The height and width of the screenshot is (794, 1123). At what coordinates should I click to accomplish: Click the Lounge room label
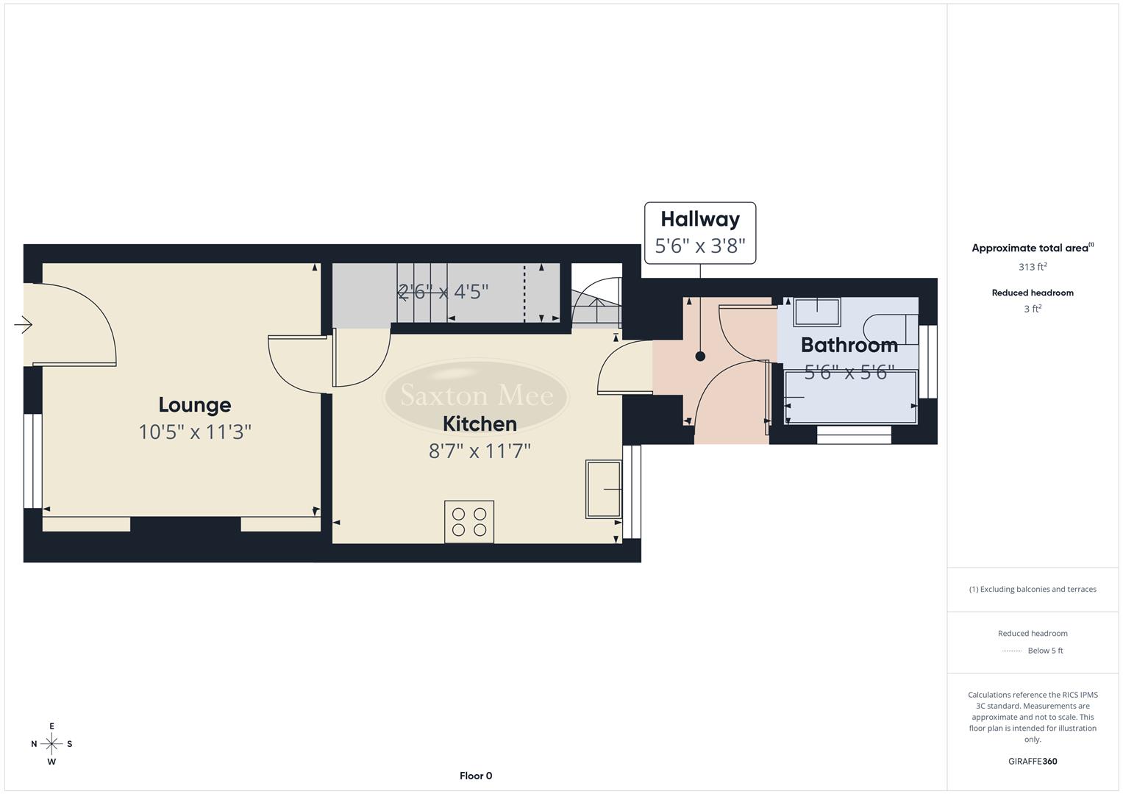click(195, 405)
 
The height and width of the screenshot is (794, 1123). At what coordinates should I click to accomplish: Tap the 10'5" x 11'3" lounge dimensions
click(195, 432)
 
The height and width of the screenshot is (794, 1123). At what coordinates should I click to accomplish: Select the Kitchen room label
click(479, 424)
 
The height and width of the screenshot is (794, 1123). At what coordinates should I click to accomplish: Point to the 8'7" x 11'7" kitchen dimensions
click(479, 451)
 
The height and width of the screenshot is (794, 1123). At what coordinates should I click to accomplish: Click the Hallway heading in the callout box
click(699, 219)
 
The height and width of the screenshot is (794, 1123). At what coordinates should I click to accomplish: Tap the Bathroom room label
click(849, 345)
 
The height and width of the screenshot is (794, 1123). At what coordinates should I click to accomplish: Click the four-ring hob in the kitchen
click(469, 522)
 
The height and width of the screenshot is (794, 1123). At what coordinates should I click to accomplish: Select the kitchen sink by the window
click(603, 489)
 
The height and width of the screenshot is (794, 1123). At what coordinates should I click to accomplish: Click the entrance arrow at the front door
click(24, 324)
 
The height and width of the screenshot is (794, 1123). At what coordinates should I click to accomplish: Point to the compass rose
click(51, 744)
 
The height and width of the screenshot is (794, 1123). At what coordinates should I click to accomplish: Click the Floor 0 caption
click(476, 776)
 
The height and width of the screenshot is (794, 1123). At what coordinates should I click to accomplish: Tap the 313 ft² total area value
click(1032, 267)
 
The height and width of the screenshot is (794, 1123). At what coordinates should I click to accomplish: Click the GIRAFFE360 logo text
click(1032, 762)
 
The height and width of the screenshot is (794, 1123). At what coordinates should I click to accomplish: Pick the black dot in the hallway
click(700, 357)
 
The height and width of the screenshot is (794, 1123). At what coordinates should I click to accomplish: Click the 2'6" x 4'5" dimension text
click(443, 292)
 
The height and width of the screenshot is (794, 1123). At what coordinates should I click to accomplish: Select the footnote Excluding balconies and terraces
click(1032, 589)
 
